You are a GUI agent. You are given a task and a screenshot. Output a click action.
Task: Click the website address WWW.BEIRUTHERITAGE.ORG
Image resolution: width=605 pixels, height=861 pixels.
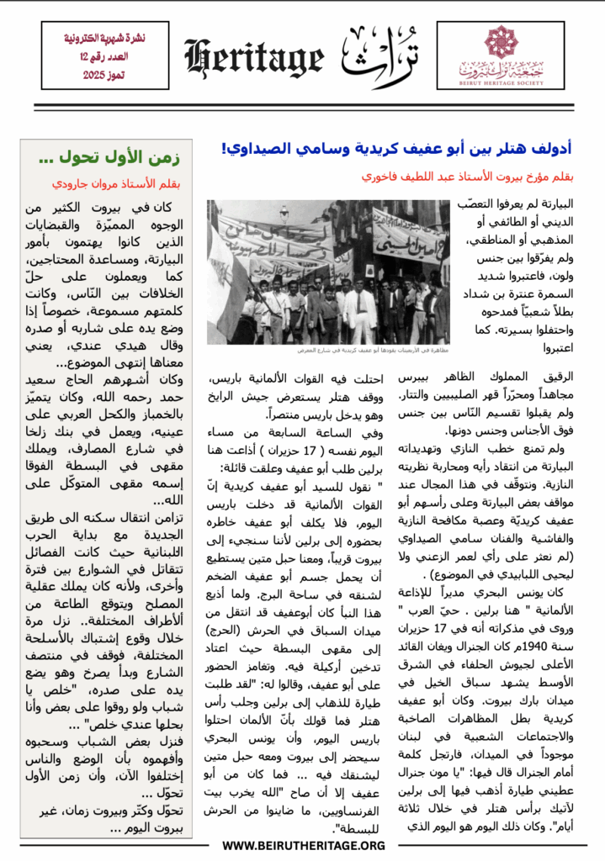303,846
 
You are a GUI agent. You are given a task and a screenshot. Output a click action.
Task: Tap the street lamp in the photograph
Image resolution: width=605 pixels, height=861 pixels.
285,214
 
